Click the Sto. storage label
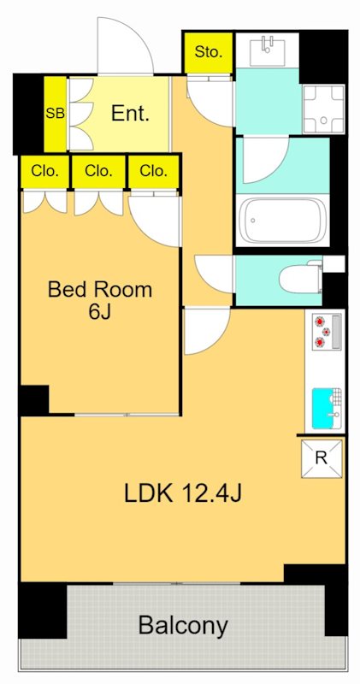click(208, 52)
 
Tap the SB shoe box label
click(56, 114)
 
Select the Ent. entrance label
click(130, 114)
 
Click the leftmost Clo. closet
click(44, 171)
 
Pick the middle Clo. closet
click(98, 171)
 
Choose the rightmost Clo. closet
click(154, 171)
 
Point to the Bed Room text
click(100, 289)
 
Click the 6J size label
click(99, 312)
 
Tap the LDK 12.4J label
click(183, 493)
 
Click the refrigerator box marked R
click(322, 458)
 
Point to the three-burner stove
click(328, 332)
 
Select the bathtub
click(283, 221)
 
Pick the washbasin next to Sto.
click(267, 50)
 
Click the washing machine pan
click(324, 109)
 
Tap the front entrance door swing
click(125, 45)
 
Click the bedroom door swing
click(155, 221)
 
